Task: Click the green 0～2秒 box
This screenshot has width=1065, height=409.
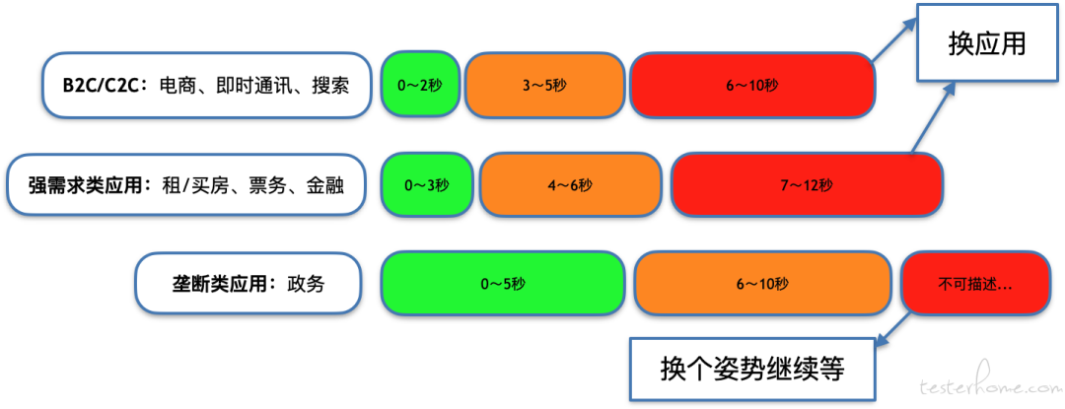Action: (x=420, y=85)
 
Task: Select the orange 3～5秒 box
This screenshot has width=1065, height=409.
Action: (x=544, y=85)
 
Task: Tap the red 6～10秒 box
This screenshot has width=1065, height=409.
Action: (x=752, y=85)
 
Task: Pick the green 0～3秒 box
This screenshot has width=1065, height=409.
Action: (x=426, y=184)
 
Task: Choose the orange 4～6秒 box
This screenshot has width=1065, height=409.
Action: (x=570, y=184)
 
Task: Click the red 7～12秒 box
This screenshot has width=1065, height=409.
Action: (x=806, y=184)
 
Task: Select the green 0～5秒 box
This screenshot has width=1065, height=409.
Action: (x=503, y=284)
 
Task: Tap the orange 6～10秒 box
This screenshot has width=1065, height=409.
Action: (x=762, y=284)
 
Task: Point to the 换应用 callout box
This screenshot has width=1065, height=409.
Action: (x=987, y=42)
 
